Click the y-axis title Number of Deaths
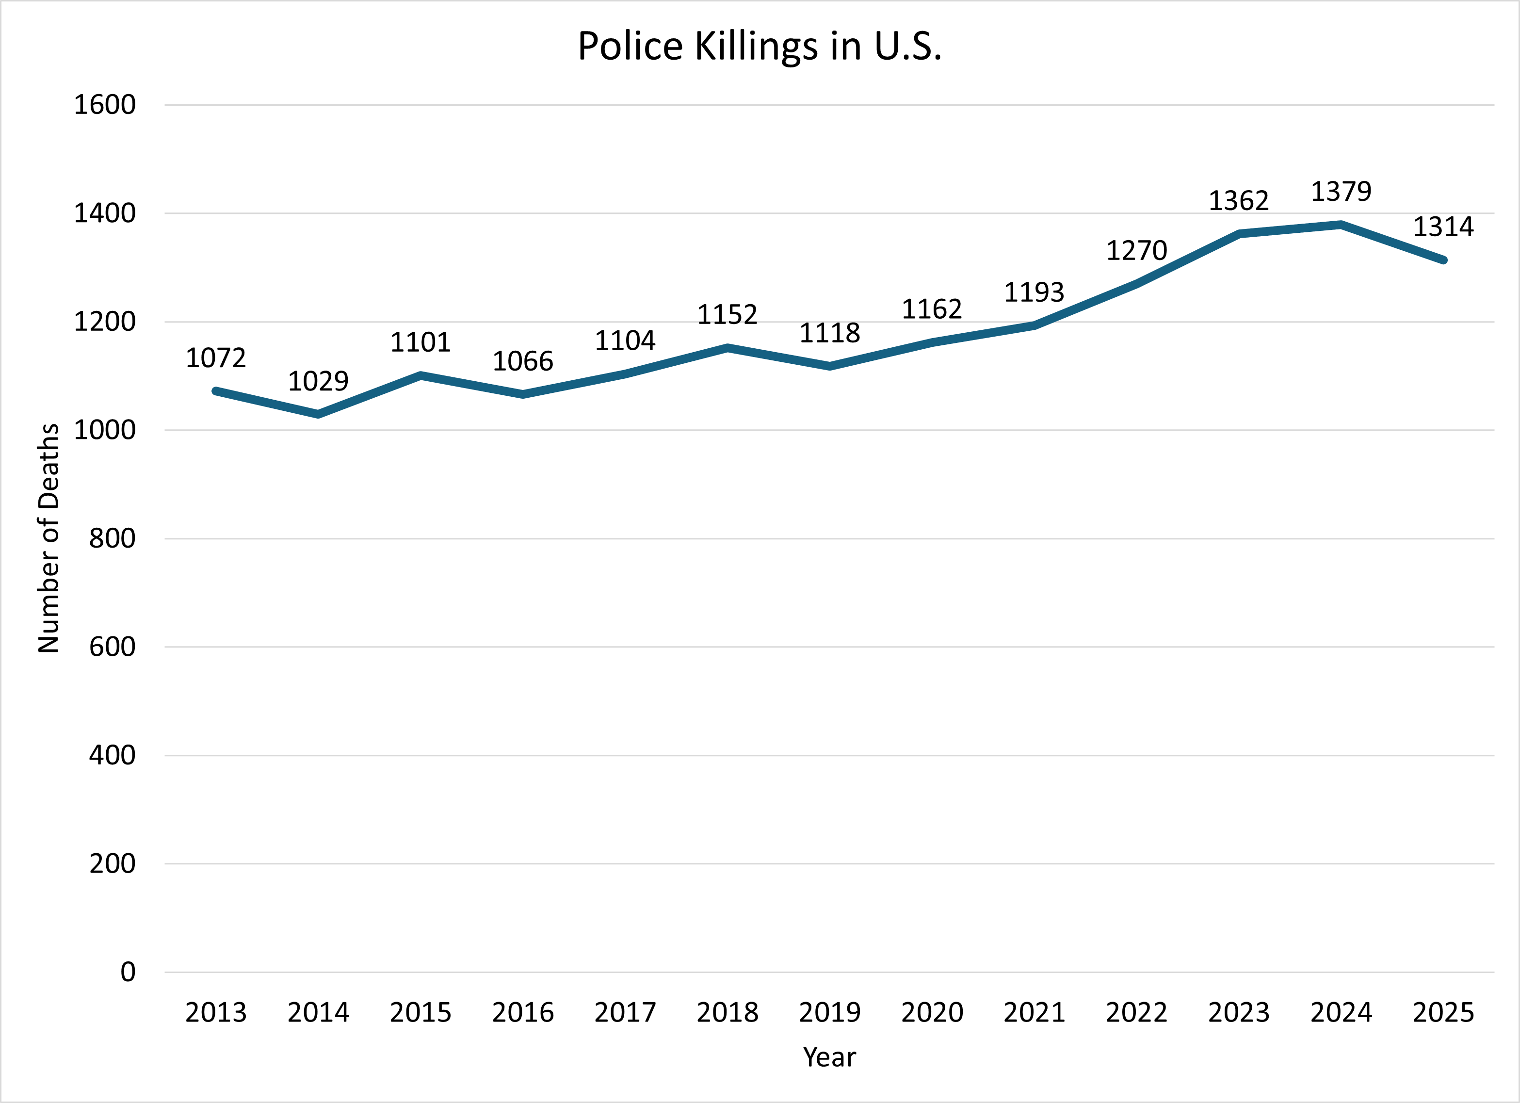click(x=48, y=538)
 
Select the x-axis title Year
click(x=829, y=1057)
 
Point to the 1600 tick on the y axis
click(x=105, y=105)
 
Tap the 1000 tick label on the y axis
click(x=105, y=430)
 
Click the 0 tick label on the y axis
click(x=128, y=973)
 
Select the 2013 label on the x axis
click(x=216, y=1012)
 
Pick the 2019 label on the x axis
click(x=830, y=1012)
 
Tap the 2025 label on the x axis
click(x=1443, y=1012)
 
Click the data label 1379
click(x=1341, y=192)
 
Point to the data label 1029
click(x=318, y=381)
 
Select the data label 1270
click(x=1137, y=251)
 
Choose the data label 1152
click(x=727, y=314)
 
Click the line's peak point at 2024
click(x=1341, y=225)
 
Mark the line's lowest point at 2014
click(x=318, y=415)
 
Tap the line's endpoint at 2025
click(x=1443, y=260)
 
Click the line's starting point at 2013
click(x=216, y=390)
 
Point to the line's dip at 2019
click(x=830, y=366)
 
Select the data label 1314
click(x=1443, y=227)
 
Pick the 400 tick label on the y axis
click(x=112, y=755)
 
